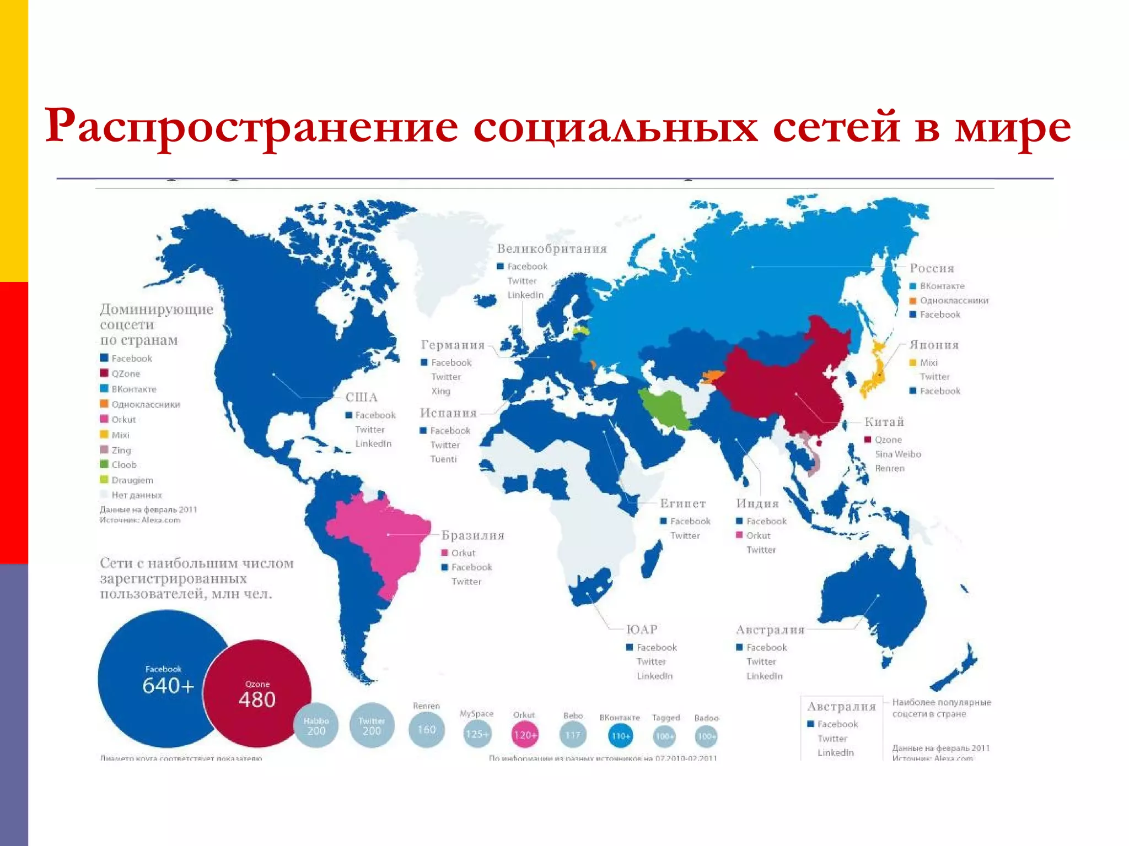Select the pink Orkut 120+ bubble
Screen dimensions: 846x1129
click(524, 735)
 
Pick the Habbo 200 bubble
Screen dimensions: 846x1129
click(316, 726)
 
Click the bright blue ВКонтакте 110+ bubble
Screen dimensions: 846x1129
click(620, 735)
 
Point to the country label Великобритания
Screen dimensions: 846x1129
click(552, 249)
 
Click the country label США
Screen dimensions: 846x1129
click(362, 398)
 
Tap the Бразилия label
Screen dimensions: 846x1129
click(473, 535)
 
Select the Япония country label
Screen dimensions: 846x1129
click(934, 345)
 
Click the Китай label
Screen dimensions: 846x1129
click(884, 422)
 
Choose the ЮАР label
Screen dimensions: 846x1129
click(642, 630)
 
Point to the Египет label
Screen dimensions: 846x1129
click(683, 503)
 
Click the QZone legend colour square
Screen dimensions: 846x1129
click(104, 373)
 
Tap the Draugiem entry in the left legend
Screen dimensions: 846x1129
click(132, 480)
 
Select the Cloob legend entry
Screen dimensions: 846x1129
click(123, 465)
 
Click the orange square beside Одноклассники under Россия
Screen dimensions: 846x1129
click(913, 301)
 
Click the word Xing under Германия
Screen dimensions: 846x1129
click(441, 391)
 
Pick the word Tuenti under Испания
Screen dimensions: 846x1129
click(444, 459)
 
